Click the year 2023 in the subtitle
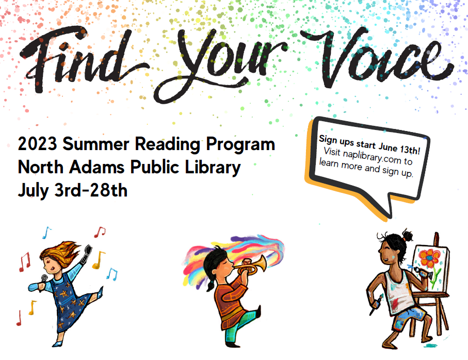37,144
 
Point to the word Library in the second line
213,168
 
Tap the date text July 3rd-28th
73,191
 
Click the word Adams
96,167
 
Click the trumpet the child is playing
250,266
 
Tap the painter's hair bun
407,236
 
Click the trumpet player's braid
211,284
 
